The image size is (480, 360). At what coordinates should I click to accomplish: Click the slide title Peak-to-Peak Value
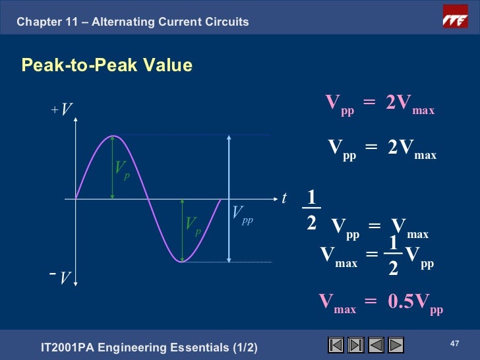pos(107,65)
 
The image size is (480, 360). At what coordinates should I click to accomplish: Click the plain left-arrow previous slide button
pos(376,345)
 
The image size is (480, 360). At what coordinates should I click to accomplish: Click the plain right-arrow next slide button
pos(396,345)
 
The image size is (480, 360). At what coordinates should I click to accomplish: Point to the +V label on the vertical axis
pos(62,109)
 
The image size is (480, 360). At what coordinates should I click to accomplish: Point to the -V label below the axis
pos(61,278)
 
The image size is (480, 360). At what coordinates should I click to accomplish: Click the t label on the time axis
pos(285,198)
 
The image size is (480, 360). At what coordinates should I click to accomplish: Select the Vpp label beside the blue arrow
pos(242,214)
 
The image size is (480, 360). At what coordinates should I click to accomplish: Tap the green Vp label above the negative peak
pos(193,225)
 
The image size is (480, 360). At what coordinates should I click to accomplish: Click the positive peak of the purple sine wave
pos(114,136)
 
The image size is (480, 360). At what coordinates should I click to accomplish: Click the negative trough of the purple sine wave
pos(182,261)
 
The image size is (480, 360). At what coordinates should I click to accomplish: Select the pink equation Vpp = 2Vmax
pos(380,104)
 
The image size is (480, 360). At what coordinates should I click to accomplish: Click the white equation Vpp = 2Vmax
pos(382,150)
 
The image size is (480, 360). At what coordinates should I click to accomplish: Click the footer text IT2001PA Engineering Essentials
pos(149,347)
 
